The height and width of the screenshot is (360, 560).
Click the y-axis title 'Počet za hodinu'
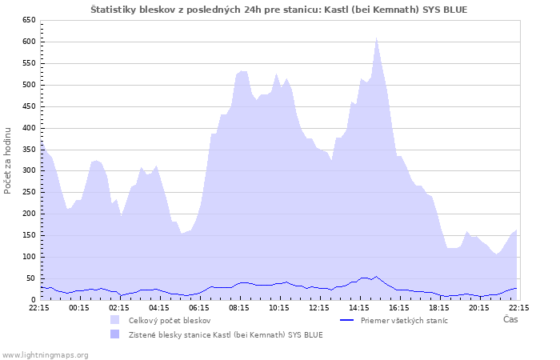click(9, 159)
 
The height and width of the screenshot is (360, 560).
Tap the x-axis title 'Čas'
click(510, 319)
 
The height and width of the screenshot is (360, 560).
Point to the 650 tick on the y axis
click(29, 19)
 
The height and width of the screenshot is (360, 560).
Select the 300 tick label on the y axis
click(29, 170)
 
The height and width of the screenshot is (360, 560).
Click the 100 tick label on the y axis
click(29, 257)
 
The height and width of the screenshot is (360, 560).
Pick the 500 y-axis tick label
click(29, 84)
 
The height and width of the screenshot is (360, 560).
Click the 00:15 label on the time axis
click(79, 306)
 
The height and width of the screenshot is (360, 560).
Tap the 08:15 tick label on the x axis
click(239, 306)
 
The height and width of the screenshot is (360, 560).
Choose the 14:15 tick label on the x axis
click(358, 306)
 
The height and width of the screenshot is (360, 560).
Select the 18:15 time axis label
click(438, 306)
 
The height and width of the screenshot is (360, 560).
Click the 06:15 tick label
click(199, 306)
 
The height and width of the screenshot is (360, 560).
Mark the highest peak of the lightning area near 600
click(376, 38)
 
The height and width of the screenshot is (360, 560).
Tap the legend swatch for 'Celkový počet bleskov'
click(116, 320)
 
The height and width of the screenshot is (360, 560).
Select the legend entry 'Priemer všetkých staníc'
click(404, 320)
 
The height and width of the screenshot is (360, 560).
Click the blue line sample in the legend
click(347, 320)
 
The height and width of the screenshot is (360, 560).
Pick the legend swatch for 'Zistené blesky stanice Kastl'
click(116, 334)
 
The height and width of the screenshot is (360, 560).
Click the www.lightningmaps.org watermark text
click(45, 354)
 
